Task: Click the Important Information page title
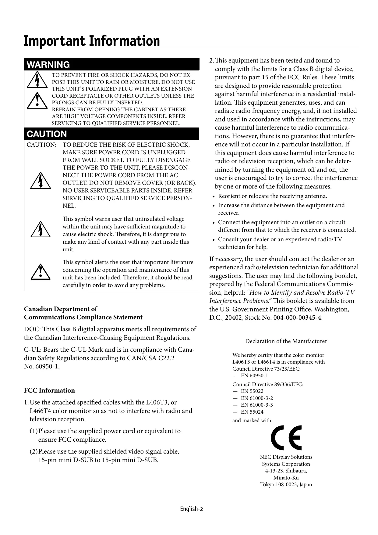point(92,41)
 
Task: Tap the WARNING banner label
point(48,65)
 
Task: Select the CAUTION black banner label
point(47,134)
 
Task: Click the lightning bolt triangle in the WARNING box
point(37,80)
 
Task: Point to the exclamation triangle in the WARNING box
point(37,100)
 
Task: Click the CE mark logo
point(286,438)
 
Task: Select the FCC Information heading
point(49,390)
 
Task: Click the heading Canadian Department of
point(61,309)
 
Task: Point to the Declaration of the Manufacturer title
point(286,341)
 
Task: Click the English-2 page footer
point(191,509)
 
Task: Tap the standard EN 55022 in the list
point(252,391)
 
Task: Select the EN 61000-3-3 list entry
point(257,405)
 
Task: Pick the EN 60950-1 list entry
point(254,375)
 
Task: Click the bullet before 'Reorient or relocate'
point(214,196)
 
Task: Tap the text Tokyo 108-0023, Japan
point(286,484)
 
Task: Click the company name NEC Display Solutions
point(286,457)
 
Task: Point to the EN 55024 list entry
point(252,411)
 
